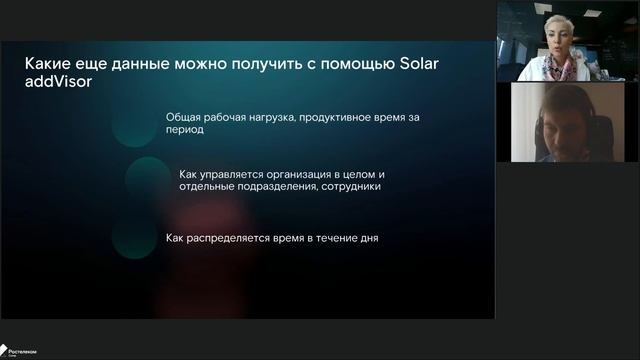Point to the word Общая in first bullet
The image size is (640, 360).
pyautogui.click(x=185, y=116)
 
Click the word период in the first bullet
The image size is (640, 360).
pyautogui.click(x=185, y=129)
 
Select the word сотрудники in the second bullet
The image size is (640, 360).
pyautogui.click(x=344, y=185)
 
